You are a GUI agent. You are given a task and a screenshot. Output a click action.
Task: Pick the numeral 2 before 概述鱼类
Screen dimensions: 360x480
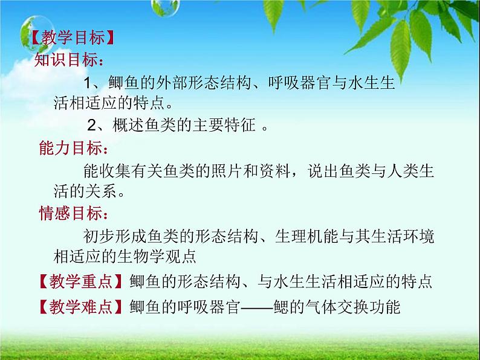pos(91,126)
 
